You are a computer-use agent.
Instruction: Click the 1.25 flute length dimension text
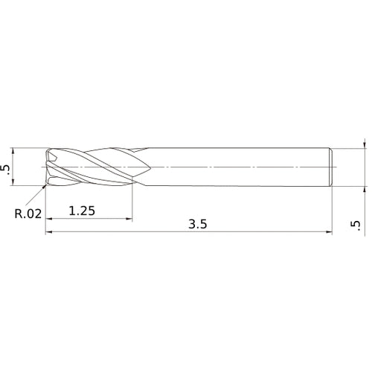[x=82, y=211]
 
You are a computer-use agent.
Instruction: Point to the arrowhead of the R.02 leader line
[x=45, y=186]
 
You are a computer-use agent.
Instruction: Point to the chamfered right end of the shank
[x=331, y=167]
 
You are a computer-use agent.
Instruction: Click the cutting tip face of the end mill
[x=49, y=167]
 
